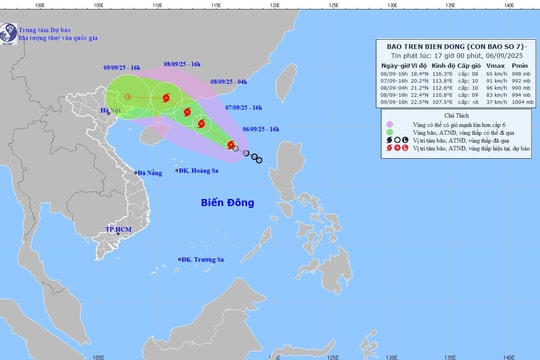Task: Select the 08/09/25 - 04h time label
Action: click(x=228, y=81)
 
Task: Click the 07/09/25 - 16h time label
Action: click(x=244, y=106)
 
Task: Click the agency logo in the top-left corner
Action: click(x=8, y=29)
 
